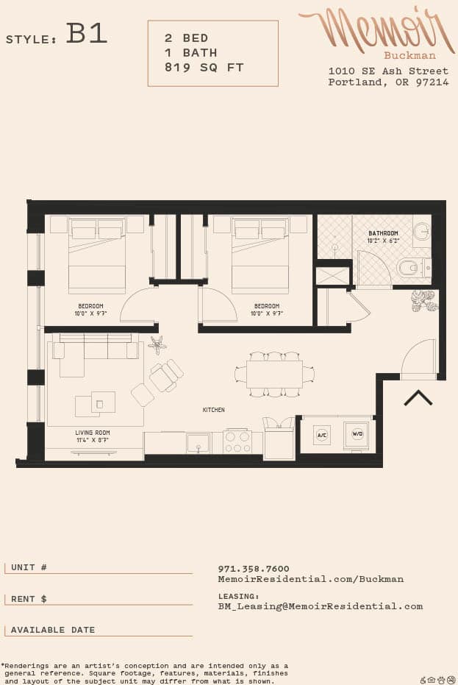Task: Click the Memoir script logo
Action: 376,31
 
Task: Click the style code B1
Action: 87,34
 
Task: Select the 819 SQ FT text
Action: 204,68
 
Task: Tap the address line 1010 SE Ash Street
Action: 388,71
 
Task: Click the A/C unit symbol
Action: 321,435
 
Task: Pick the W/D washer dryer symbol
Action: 357,434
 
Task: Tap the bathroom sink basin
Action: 422,231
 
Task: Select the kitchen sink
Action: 198,443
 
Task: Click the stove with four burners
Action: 237,442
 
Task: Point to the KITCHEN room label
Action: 214,410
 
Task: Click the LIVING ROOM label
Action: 93,433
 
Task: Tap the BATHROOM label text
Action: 383,233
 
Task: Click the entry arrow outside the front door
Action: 418,398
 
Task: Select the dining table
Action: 274,374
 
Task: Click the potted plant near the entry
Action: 423,300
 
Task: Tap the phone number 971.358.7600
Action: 254,569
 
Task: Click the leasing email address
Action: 320,606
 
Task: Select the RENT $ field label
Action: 29,599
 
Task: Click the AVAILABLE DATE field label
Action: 52,630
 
